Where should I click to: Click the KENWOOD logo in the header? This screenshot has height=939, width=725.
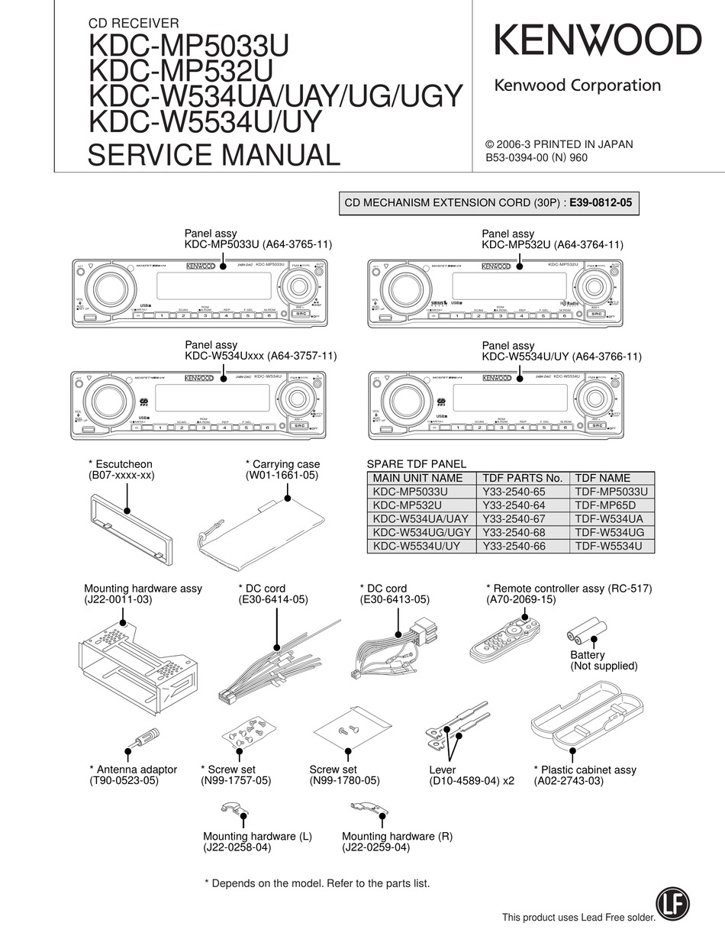[598, 40]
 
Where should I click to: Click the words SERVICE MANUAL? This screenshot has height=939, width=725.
[214, 154]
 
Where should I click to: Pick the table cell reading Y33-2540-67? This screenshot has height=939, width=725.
[514, 518]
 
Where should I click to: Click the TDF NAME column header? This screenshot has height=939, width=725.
[603, 478]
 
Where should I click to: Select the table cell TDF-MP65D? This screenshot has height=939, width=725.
[605, 505]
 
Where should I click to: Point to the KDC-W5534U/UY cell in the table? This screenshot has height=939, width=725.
[417, 546]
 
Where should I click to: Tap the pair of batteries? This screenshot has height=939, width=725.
[586, 634]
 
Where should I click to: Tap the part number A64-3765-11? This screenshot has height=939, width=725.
[298, 245]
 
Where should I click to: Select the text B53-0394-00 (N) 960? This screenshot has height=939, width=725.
[537, 158]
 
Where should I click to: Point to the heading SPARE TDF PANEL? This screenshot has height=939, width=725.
[417, 463]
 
